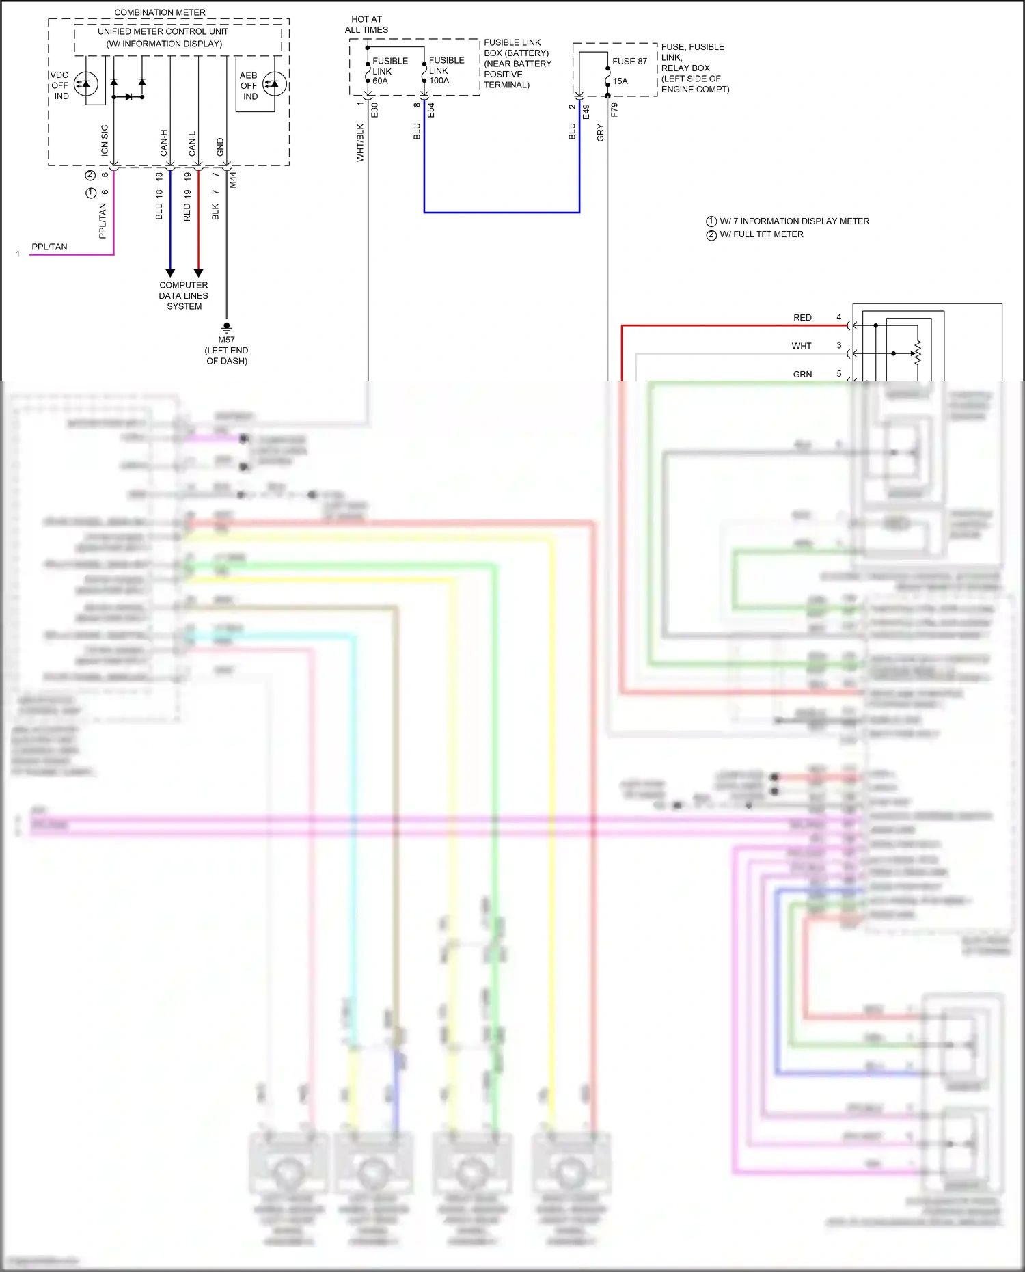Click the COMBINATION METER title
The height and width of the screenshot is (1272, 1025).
point(159,12)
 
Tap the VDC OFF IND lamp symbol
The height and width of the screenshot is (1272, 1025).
point(86,84)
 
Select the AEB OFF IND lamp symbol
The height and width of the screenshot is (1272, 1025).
point(274,84)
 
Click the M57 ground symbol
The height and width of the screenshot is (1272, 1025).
point(227,327)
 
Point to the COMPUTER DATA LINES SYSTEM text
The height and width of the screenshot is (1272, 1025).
point(183,295)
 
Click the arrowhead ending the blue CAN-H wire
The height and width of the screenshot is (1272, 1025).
point(170,273)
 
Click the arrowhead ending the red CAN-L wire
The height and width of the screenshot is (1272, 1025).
point(199,273)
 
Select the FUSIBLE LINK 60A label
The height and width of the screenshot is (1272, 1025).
point(389,70)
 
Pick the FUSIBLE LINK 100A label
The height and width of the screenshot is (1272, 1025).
point(446,70)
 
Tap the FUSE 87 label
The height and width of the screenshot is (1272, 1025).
point(629,61)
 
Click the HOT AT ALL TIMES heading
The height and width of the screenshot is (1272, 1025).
point(366,25)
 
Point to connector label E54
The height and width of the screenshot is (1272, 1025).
point(430,111)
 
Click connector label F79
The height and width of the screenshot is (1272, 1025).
point(614,110)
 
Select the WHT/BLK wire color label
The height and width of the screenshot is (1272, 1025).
point(360,142)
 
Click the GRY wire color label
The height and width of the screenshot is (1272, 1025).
point(600,133)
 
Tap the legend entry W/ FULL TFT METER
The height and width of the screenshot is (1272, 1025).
point(761,234)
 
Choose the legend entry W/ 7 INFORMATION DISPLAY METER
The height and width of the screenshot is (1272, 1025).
point(793,221)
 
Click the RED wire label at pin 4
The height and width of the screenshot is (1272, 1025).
point(802,318)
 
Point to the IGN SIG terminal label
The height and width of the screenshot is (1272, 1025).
point(105,139)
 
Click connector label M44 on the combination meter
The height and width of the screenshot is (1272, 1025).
point(233,180)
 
